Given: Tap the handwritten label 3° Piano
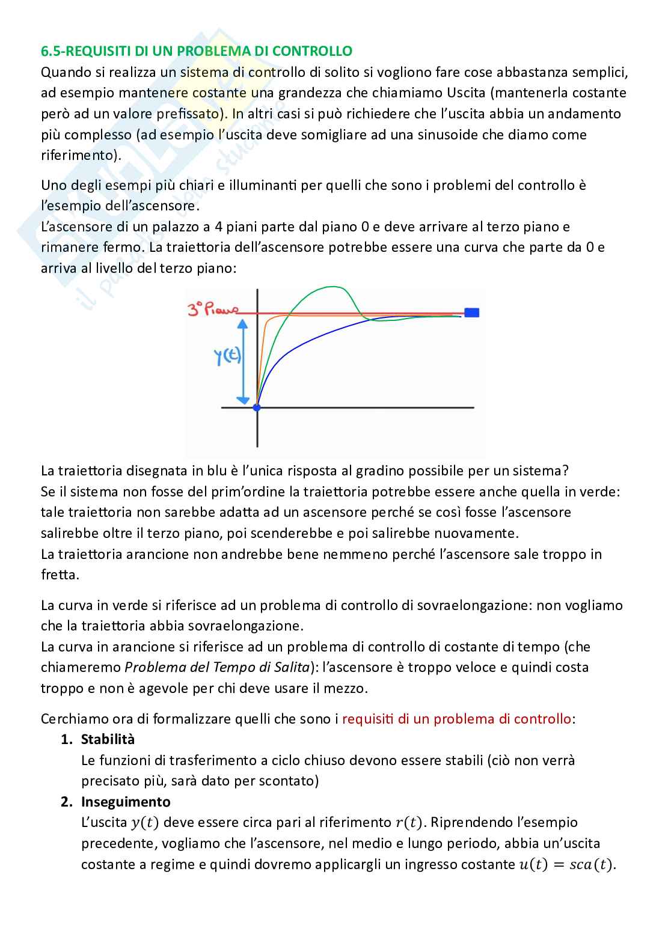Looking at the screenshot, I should pos(212,310).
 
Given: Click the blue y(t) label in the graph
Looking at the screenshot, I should pos(228,357).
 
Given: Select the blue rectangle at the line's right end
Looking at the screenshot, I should pos(472,313).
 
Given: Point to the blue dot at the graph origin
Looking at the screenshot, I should pos(257,407).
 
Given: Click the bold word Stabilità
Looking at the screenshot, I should pos(108,739).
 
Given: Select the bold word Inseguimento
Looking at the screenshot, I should pos(126,802).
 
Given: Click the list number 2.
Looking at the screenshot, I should pos(67,802).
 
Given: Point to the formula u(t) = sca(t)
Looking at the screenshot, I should pos(567,865).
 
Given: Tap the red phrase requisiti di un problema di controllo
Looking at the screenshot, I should pos(456,719).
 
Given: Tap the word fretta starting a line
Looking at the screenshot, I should pos(60,575).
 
